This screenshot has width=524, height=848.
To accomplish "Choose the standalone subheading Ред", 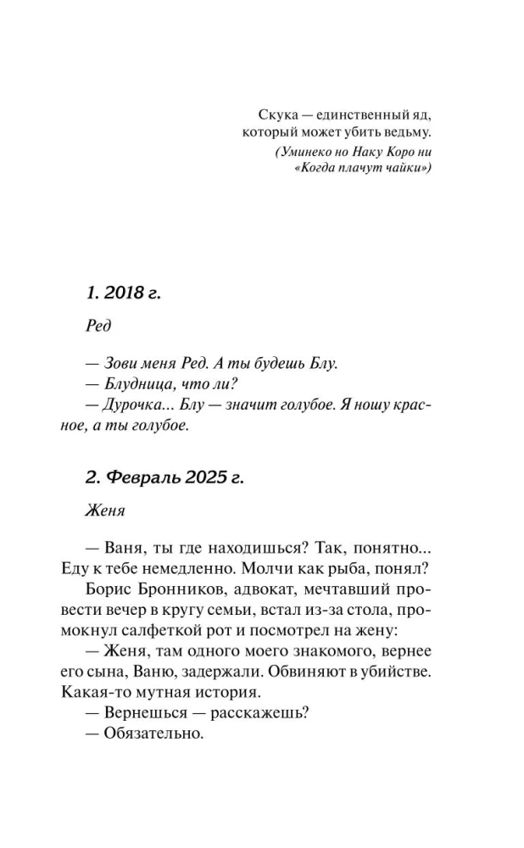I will pyautogui.click(x=99, y=326).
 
